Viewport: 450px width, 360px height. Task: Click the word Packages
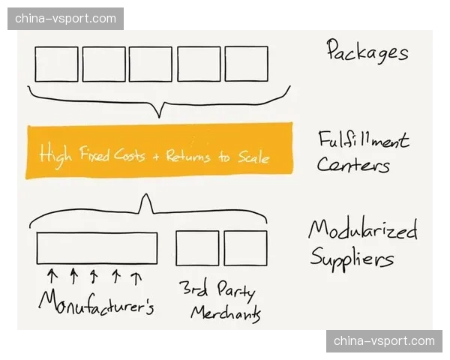(367, 51)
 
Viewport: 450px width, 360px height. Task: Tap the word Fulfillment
(363, 140)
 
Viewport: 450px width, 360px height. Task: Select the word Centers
(352, 164)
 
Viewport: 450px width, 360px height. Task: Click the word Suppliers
(351, 259)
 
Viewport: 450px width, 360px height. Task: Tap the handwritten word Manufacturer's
(96, 301)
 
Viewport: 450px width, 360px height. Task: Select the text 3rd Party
(217, 289)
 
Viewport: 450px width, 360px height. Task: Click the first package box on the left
(56, 64)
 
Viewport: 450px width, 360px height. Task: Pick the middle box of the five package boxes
(151, 64)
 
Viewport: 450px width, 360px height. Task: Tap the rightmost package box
(246, 64)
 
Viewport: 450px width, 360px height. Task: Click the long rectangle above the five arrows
(97, 248)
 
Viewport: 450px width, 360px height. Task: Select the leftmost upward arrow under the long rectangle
(52, 276)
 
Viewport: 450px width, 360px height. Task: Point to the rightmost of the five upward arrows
(136, 277)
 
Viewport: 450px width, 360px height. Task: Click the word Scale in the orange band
(253, 157)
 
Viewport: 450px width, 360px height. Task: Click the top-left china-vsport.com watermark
(66, 18)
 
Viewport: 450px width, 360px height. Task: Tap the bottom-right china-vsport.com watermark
(383, 341)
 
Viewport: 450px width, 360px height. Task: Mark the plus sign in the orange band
(155, 157)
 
